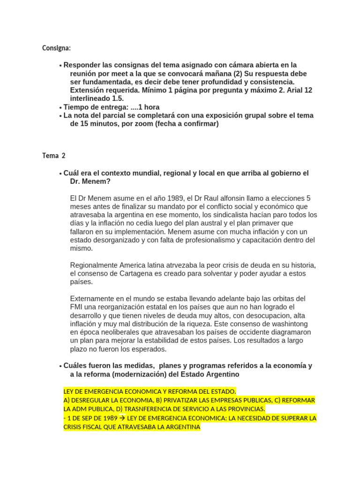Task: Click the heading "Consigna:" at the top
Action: (56, 48)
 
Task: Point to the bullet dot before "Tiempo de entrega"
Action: (60, 107)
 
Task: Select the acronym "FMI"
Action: (78, 307)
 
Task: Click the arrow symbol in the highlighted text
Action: (122, 418)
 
